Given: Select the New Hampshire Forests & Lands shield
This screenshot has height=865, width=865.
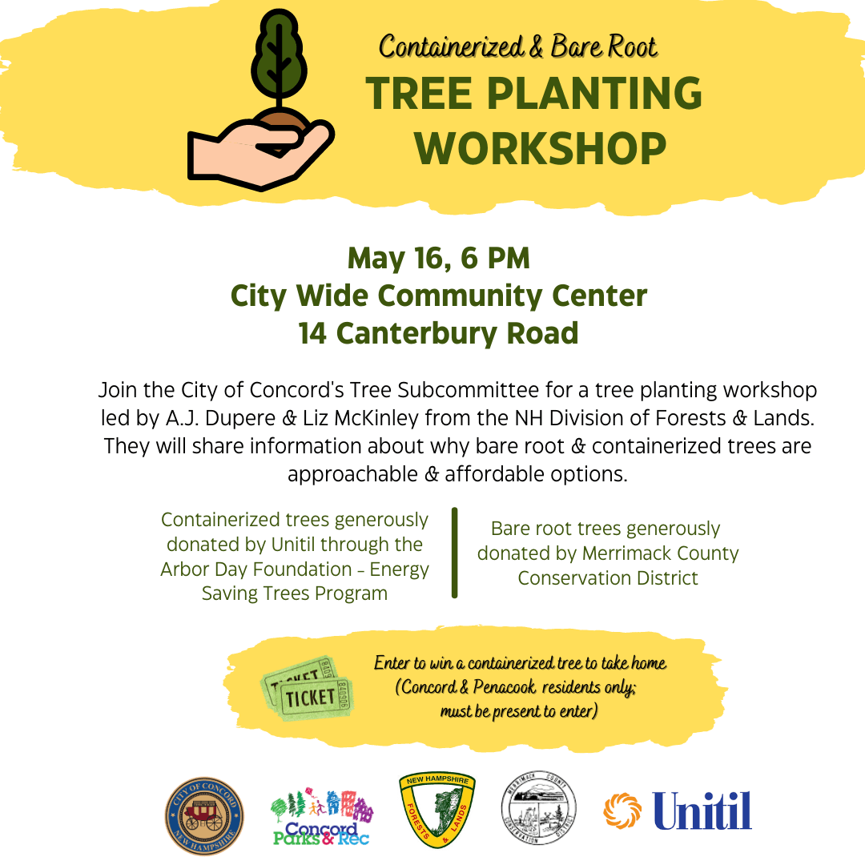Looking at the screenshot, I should pos(437,810).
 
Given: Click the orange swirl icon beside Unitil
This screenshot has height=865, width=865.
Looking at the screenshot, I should pos(622,811).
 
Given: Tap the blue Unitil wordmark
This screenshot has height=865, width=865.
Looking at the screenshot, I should pos(702,811).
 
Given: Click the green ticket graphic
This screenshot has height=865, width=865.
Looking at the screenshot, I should pos(307,690).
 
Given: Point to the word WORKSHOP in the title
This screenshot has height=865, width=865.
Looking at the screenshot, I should pos(541,148).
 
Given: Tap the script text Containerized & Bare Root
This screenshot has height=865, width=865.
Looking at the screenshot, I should pos(517,46).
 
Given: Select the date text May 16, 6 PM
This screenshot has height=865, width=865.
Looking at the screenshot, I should pos(438,259).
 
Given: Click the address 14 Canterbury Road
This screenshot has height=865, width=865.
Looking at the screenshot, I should pos(438,332).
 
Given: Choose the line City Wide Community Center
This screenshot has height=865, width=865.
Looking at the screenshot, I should pos(438,296).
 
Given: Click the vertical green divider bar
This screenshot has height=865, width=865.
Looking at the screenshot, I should pos(454,552).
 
